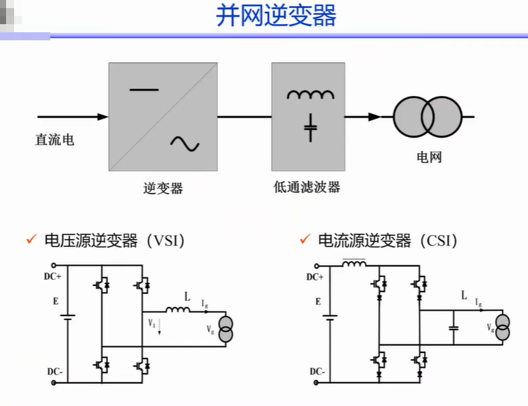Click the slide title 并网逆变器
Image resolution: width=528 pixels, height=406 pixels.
coord(276,15)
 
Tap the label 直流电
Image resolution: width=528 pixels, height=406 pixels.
coord(54,140)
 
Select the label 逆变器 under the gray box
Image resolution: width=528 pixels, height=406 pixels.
coord(163,188)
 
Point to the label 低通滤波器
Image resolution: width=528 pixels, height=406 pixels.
coord(307,187)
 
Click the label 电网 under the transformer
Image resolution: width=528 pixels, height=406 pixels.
coord(429,157)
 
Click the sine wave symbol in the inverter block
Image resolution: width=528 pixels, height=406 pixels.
coord(185,144)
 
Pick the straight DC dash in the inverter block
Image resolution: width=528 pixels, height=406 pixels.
coord(144,90)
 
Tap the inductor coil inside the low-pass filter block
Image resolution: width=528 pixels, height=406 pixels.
coord(311,95)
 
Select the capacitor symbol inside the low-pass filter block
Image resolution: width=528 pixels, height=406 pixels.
coord(311,128)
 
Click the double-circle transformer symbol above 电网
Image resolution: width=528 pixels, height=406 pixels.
coord(427,117)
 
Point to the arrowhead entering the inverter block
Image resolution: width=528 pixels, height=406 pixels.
coord(103,117)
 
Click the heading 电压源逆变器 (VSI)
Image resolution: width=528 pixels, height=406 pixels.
coord(115,241)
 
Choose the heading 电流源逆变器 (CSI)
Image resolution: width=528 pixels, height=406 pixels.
coord(388,241)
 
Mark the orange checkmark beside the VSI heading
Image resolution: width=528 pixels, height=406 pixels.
coord(32,239)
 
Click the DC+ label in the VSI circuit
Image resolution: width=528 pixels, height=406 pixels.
coord(52,276)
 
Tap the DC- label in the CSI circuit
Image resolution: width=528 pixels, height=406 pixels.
coord(317,372)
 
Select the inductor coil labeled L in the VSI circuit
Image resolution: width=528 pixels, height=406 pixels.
coord(178,309)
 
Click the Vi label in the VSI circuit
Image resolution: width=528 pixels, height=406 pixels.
coord(152,323)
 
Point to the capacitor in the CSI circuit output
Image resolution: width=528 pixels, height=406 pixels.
coord(454,328)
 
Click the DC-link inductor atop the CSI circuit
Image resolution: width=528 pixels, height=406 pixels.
coord(354,264)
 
